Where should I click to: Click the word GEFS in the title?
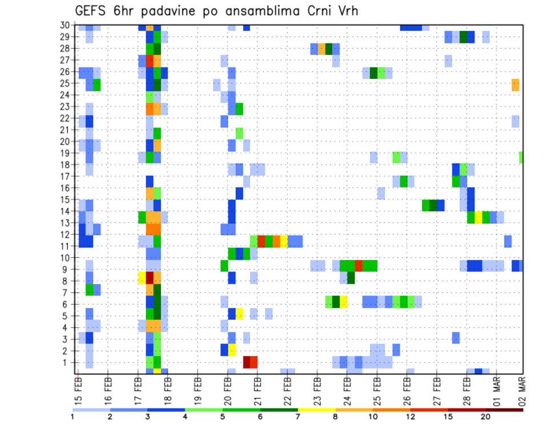pos(93,11)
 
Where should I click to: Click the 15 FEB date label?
pos(78,389)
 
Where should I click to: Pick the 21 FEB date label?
pos(257,389)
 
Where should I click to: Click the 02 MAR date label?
pos(522,389)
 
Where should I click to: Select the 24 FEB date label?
pos(347,389)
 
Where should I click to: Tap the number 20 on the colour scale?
pos(486,417)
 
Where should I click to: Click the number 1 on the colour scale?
pos(73,417)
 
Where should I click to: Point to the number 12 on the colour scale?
pos(411,417)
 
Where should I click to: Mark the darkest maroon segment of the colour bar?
pos(505,409)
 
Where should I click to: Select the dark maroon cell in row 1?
pos(247,362)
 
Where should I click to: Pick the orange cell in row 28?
pos(321,49)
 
